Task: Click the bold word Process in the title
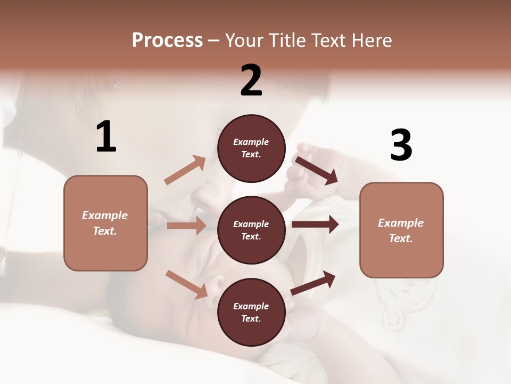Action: click(x=167, y=41)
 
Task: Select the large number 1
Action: click(x=106, y=137)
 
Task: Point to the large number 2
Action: click(x=251, y=81)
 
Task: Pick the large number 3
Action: click(x=401, y=145)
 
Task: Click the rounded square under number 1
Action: click(x=105, y=223)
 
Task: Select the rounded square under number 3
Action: click(x=401, y=230)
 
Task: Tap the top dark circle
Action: click(x=251, y=148)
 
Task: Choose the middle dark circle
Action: click(x=251, y=230)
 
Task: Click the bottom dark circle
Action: click(x=251, y=313)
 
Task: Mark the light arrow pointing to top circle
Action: click(x=185, y=170)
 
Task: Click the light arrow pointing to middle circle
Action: click(x=186, y=226)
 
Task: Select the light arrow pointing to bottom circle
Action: click(x=186, y=284)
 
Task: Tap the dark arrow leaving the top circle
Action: click(x=317, y=170)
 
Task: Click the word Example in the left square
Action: click(x=105, y=215)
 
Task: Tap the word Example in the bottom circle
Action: click(x=251, y=306)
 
